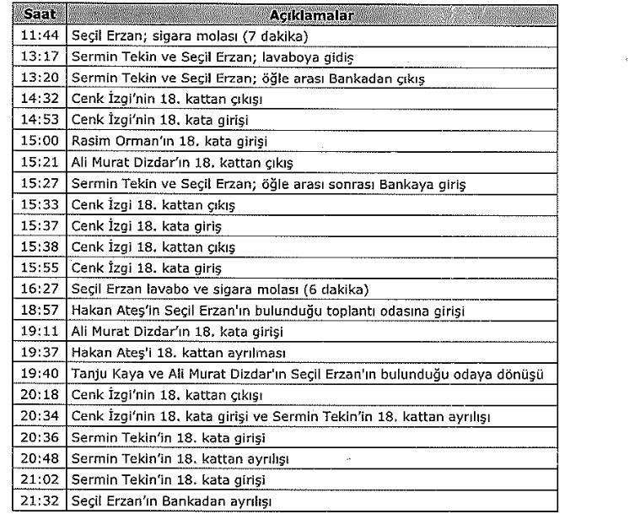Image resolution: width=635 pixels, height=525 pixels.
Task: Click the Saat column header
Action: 39,15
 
